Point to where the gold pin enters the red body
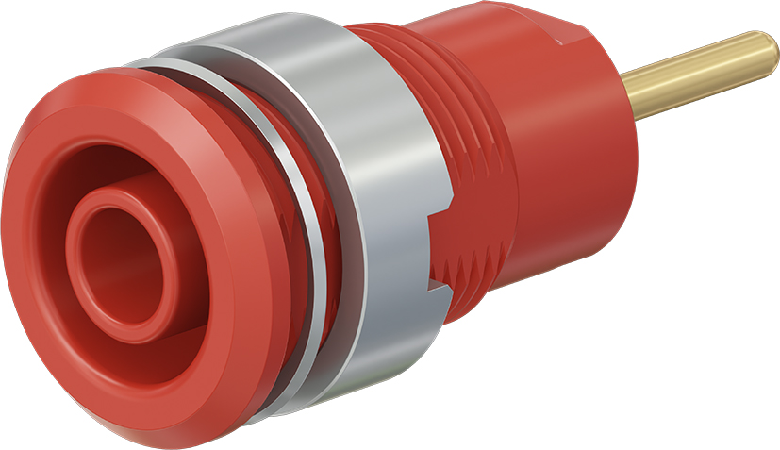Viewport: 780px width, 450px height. (634, 95)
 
